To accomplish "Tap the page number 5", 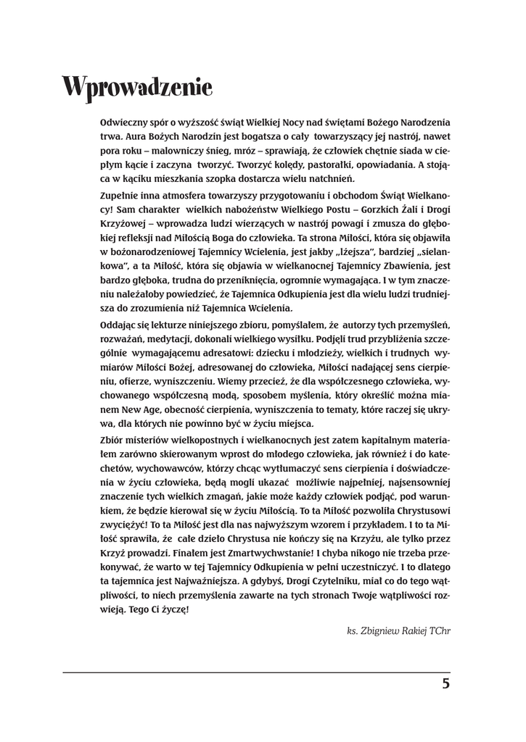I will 445,684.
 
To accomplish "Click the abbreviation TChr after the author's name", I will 440,631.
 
